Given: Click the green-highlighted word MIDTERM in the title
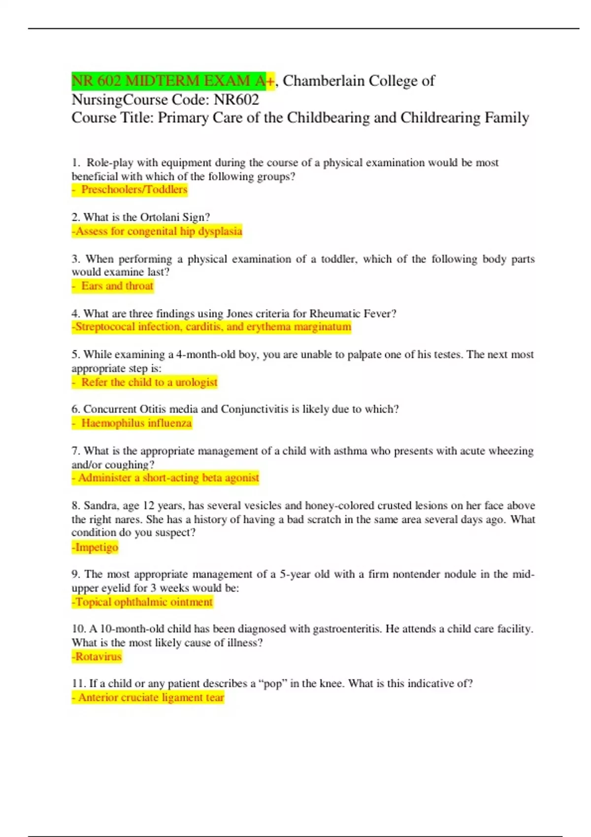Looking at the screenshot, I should tap(161, 81).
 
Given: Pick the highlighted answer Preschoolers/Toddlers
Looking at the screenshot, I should tap(134, 190).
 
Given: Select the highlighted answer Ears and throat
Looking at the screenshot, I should tap(117, 286).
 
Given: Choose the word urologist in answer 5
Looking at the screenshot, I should tap(196, 383).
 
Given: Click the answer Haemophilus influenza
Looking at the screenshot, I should tap(136, 423).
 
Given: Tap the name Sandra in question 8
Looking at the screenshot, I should tap(100, 506).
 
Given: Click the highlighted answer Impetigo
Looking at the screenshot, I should tap(96, 547).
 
